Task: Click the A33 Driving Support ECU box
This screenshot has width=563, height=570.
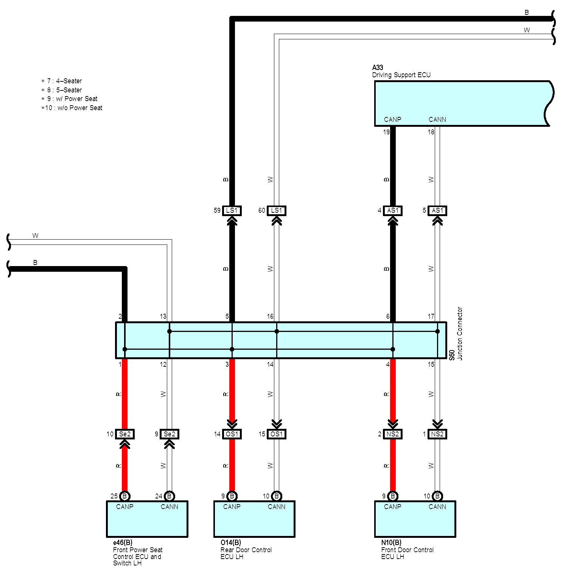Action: pyautogui.click(x=462, y=103)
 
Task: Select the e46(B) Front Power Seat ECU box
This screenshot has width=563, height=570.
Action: pyautogui.click(x=147, y=519)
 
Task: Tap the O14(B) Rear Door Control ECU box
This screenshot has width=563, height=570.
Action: pyautogui.click(x=254, y=519)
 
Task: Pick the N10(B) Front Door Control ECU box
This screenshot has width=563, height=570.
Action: pyautogui.click(x=415, y=519)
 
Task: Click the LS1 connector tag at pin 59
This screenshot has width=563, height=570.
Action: pyautogui.click(x=232, y=210)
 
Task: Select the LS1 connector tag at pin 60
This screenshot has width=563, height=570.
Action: pyautogui.click(x=277, y=210)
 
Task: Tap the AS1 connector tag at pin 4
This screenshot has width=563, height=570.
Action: pyautogui.click(x=393, y=210)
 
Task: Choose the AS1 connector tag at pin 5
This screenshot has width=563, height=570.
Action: pyautogui.click(x=437, y=210)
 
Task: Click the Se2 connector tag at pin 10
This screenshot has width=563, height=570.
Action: pyautogui.click(x=124, y=434)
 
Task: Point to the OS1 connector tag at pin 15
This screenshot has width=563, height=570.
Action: pyautogui.click(x=277, y=434)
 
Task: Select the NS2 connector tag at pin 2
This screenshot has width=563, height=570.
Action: pyautogui.click(x=393, y=434)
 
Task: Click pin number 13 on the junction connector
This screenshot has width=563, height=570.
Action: pyautogui.click(x=163, y=316)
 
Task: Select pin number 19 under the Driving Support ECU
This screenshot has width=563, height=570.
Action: pyautogui.click(x=386, y=132)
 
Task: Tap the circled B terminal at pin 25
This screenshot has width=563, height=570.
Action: pyautogui.click(x=124, y=496)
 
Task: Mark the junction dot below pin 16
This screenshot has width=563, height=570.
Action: pyautogui.click(x=277, y=331)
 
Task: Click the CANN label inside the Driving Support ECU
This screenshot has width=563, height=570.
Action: pyautogui.click(x=437, y=120)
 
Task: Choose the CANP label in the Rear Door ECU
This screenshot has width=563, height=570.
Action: pyautogui.click(x=232, y=507)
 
